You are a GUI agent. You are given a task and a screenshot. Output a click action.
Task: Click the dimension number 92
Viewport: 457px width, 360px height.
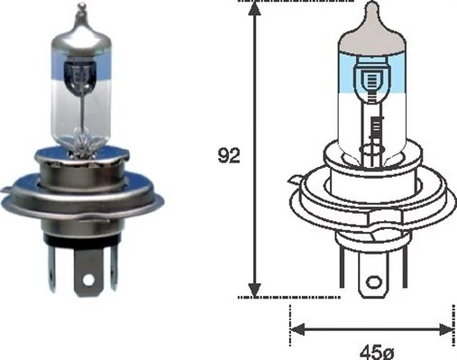230,155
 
